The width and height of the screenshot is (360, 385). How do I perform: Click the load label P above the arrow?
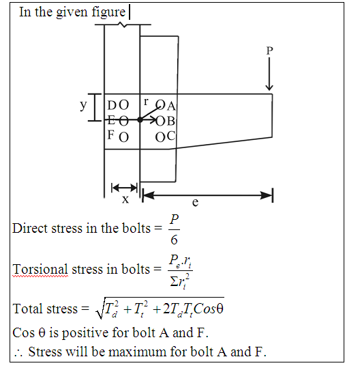pos(269,51)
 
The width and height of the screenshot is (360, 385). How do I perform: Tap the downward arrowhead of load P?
pos(269,87)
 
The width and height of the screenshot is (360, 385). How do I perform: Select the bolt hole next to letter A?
pos(161,104)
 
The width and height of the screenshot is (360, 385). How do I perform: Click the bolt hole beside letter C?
pos(160,137)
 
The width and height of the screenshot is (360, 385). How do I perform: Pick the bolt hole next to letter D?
pos(124,105)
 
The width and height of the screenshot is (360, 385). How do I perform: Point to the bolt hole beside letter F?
pos(124,137)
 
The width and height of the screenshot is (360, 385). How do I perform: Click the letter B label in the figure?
pos(170,121)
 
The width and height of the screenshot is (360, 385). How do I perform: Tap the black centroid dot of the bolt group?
pos(140,120)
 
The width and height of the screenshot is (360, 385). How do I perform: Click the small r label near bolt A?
pos(146,102)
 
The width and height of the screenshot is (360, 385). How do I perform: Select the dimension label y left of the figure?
pos(83,105)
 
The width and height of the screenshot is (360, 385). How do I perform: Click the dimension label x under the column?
pos(125,199)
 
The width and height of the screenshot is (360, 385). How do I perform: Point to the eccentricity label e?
pos(195,202)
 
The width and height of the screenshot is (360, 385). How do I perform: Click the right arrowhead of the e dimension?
pos(267,196)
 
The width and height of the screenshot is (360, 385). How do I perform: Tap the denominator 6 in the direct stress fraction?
pos(174,240)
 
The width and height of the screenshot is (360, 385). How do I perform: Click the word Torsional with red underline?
pos(40,270)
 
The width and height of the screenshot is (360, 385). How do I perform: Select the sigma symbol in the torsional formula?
pos(174,282)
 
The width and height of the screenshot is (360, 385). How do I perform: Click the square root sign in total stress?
pos(100,308)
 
